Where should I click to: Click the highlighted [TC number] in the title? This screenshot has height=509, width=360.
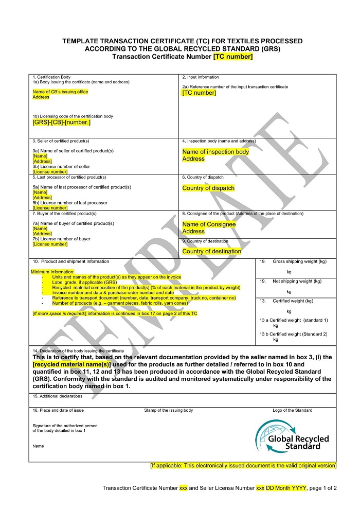pos(233,57)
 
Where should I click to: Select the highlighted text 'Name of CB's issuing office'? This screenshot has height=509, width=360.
pos(60,92)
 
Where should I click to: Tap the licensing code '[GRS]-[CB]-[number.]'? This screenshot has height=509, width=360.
pos(61,122)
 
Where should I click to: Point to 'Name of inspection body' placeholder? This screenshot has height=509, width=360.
pos(215,152)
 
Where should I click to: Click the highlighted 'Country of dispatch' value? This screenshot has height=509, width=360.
pos(208,188)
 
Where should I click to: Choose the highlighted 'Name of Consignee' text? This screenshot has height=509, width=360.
pos(209,224)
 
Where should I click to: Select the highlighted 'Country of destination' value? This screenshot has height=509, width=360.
pos(211,251)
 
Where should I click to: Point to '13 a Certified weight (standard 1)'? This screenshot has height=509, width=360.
pos(293,320)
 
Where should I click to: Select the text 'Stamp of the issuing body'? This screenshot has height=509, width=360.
pos(168,410)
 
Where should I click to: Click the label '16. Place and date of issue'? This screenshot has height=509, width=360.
pos(58,410)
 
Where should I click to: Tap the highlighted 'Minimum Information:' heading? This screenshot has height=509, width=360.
pos(52,272)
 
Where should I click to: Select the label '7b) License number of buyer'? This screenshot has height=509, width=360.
pos(61,239)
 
